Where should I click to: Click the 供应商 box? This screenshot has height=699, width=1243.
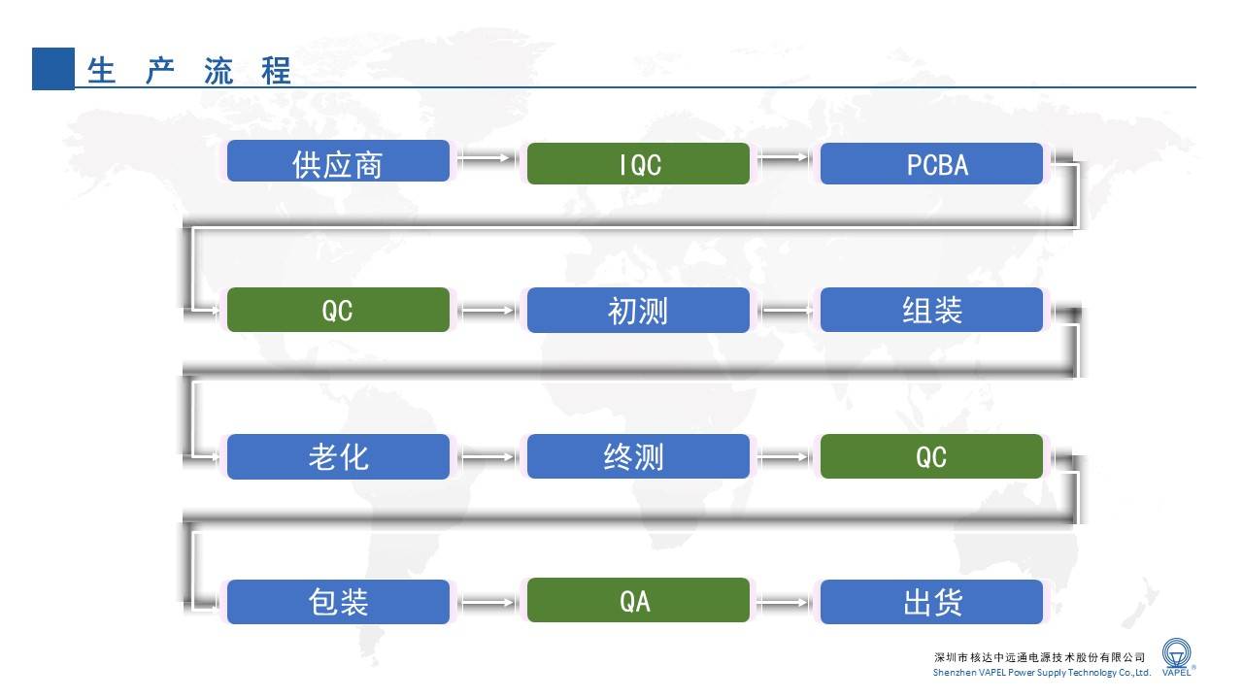(338, 161)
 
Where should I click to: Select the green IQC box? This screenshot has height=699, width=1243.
(638, 164)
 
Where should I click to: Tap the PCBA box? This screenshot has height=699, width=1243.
(931, 164)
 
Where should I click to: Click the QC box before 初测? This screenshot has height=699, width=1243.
(338, 310)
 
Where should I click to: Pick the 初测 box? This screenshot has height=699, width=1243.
(638, 310)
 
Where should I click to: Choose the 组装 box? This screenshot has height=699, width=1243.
(931, 310)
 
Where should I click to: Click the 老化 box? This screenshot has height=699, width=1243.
(338, 456)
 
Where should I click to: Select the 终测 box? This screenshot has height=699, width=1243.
(638, 456)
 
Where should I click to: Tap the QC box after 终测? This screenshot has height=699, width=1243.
(931, 456)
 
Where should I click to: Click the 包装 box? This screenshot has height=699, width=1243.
(338, 602)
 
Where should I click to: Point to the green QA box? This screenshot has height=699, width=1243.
(638, 600)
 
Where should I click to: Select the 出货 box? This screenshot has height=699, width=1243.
(931, 602)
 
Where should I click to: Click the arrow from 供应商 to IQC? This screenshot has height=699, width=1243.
(487, 158)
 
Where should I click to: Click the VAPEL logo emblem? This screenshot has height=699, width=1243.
(1176, 653)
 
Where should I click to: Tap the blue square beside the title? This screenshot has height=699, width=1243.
(53, 69)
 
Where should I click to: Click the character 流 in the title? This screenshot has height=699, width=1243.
(218, 71)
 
